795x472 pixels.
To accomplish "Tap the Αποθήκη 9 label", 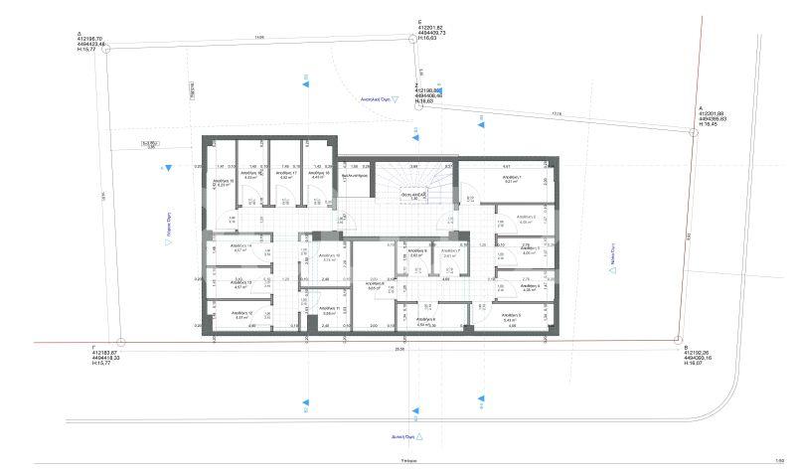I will pyautogui.click(x=417, y=251).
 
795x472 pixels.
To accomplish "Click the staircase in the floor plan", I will pyautogui.click(x=401, y=183).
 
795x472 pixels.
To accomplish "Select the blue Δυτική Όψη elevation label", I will pyautogui.click(x=397, y=436).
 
